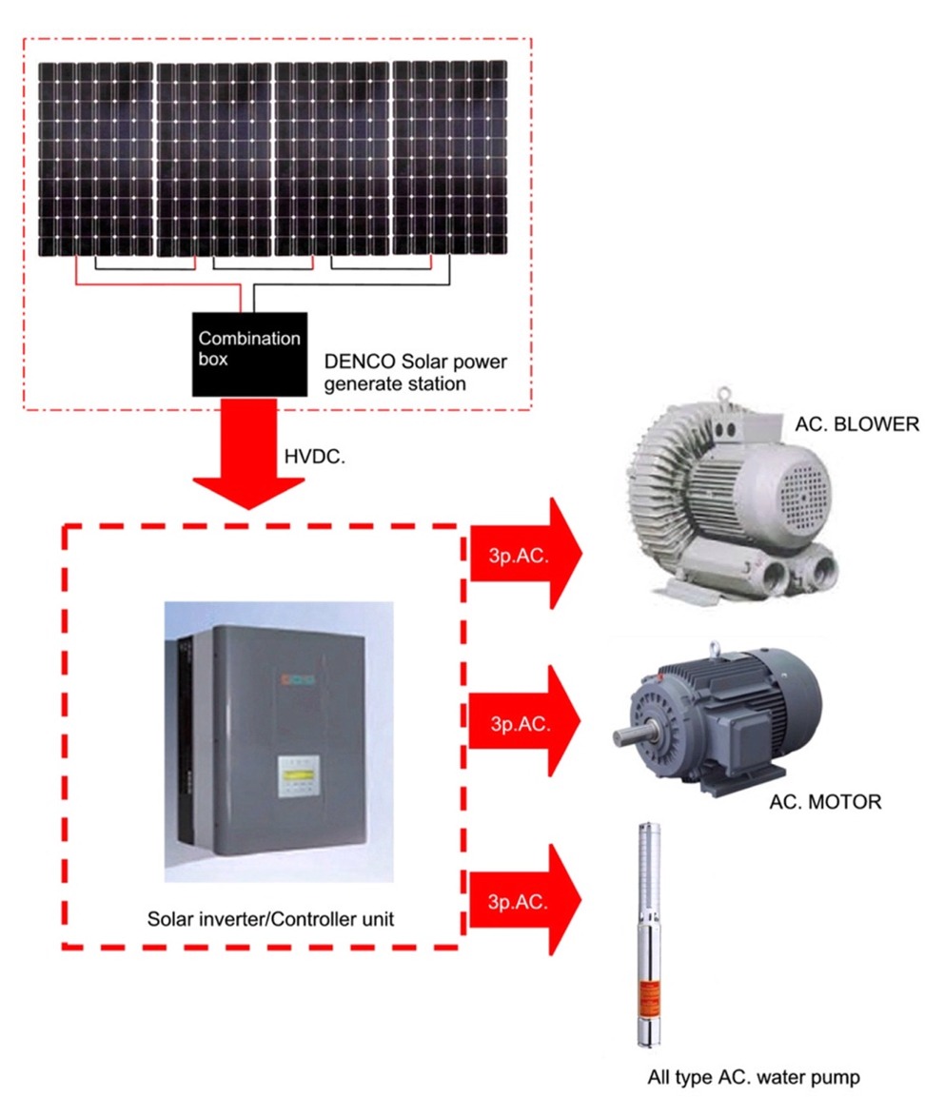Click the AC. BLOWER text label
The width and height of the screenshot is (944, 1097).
coord(856,424)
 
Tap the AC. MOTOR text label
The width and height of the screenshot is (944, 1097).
coord(824,802)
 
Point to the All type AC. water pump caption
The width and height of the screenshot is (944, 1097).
coord(754,1076)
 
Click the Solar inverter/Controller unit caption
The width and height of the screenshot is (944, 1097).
coord(269,919)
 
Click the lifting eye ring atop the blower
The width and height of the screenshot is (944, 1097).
coord(726,391)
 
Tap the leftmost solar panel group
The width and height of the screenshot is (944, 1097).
coord(95,159)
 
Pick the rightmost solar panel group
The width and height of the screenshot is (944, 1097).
coord(449,159)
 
